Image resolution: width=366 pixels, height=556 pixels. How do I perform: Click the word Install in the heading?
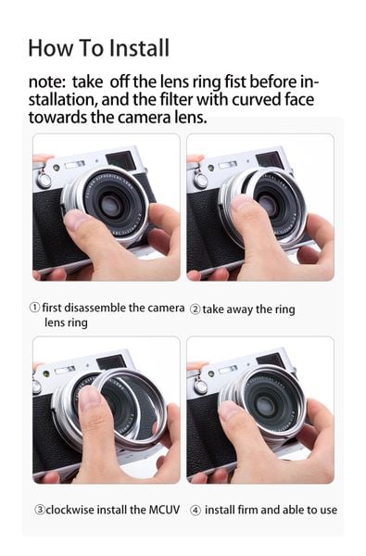coord(139,48)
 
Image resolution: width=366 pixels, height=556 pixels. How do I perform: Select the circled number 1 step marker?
coord(34,308)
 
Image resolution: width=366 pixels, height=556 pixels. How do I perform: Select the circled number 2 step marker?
coord(195,310)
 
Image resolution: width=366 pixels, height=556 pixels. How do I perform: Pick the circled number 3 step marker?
coord(39,510)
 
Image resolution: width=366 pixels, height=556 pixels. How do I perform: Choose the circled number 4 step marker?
coord(196,511)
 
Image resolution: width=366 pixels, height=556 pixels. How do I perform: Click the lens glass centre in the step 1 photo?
coord(110,205)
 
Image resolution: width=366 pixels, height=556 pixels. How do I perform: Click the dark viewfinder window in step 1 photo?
coord(120,159)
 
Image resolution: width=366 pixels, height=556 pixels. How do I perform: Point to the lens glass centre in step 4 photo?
coord(265,405)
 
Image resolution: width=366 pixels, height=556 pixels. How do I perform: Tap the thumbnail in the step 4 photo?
coord(230,411)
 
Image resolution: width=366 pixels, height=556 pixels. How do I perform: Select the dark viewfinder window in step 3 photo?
coord(111,363)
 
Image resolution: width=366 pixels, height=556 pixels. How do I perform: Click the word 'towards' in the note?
coord(57,118)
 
